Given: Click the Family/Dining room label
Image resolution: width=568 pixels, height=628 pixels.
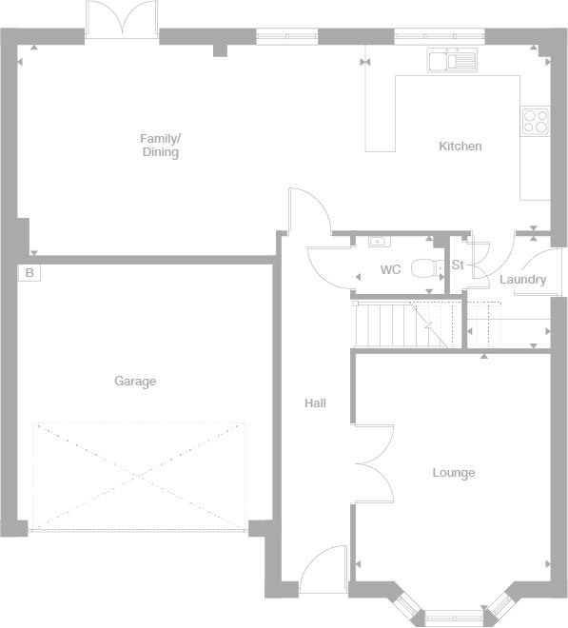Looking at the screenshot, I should (160, 146).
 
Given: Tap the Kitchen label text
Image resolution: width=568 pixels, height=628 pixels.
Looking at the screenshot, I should (460, 147).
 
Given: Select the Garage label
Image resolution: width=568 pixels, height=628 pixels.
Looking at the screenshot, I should (135, 382).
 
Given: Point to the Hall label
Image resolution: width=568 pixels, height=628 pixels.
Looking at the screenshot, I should (315, 403).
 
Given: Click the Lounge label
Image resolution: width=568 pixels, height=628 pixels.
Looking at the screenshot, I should (453, 473).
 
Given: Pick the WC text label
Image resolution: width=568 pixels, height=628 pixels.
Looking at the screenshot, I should (390, 270).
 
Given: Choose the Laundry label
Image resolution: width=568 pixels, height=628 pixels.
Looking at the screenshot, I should (522, 280).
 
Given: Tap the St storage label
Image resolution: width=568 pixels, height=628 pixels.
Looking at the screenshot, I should (458, 265).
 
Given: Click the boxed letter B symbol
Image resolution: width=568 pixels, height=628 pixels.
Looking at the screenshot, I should (29, 273).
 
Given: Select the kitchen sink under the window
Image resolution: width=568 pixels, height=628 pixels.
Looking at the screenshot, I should (452, 61).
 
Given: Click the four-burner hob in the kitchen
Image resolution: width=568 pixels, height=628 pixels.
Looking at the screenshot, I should (536, 120).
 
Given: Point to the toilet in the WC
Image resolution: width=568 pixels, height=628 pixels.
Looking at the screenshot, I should (429, 269).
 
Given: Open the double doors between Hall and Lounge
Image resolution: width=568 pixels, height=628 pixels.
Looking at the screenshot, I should (374, 463).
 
